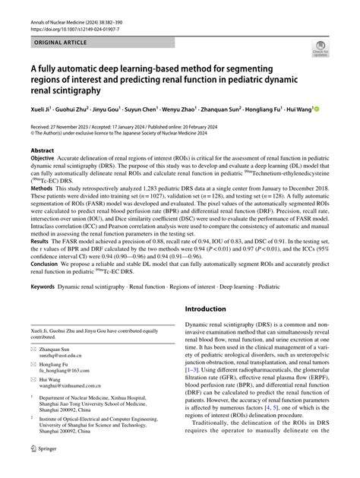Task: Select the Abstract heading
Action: (43, 151)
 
